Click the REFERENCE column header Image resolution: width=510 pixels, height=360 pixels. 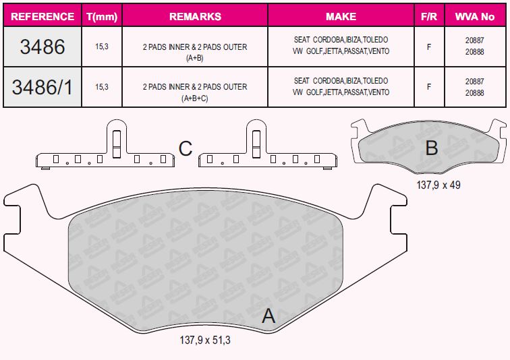coord(42,17)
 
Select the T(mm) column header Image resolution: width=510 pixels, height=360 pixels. coord(102,17)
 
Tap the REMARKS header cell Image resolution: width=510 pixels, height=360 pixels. coord(195,17)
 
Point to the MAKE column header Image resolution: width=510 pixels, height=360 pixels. coord(341,17)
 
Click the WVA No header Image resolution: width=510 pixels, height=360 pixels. coord(474,17)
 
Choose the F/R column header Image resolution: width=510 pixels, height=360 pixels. coord(429,17)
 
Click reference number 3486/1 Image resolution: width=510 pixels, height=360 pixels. coord(42,87)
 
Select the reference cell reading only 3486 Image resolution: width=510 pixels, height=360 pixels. coord(42,47)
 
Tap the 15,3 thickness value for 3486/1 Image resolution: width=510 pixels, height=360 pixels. coord(102,87)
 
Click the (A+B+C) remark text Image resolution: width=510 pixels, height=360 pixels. coord(195,98)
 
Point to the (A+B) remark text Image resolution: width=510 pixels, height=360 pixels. coord(195,58)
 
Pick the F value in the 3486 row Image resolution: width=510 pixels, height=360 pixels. coord(429,47)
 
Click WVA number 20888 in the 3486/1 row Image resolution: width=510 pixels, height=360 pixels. coord(474,92)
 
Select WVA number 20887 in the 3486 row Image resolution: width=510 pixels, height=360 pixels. coord(474,40)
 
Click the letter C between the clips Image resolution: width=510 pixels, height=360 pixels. coord(186,148)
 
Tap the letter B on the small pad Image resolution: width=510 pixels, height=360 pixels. coord(432,148)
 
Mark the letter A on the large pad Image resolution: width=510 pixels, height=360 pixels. coord(268,316)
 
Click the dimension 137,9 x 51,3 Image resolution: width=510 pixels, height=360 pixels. coord(205,340)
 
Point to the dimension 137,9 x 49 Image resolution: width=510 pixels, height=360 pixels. coord(438,185)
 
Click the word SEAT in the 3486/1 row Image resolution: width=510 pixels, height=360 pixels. coord(302,81)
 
